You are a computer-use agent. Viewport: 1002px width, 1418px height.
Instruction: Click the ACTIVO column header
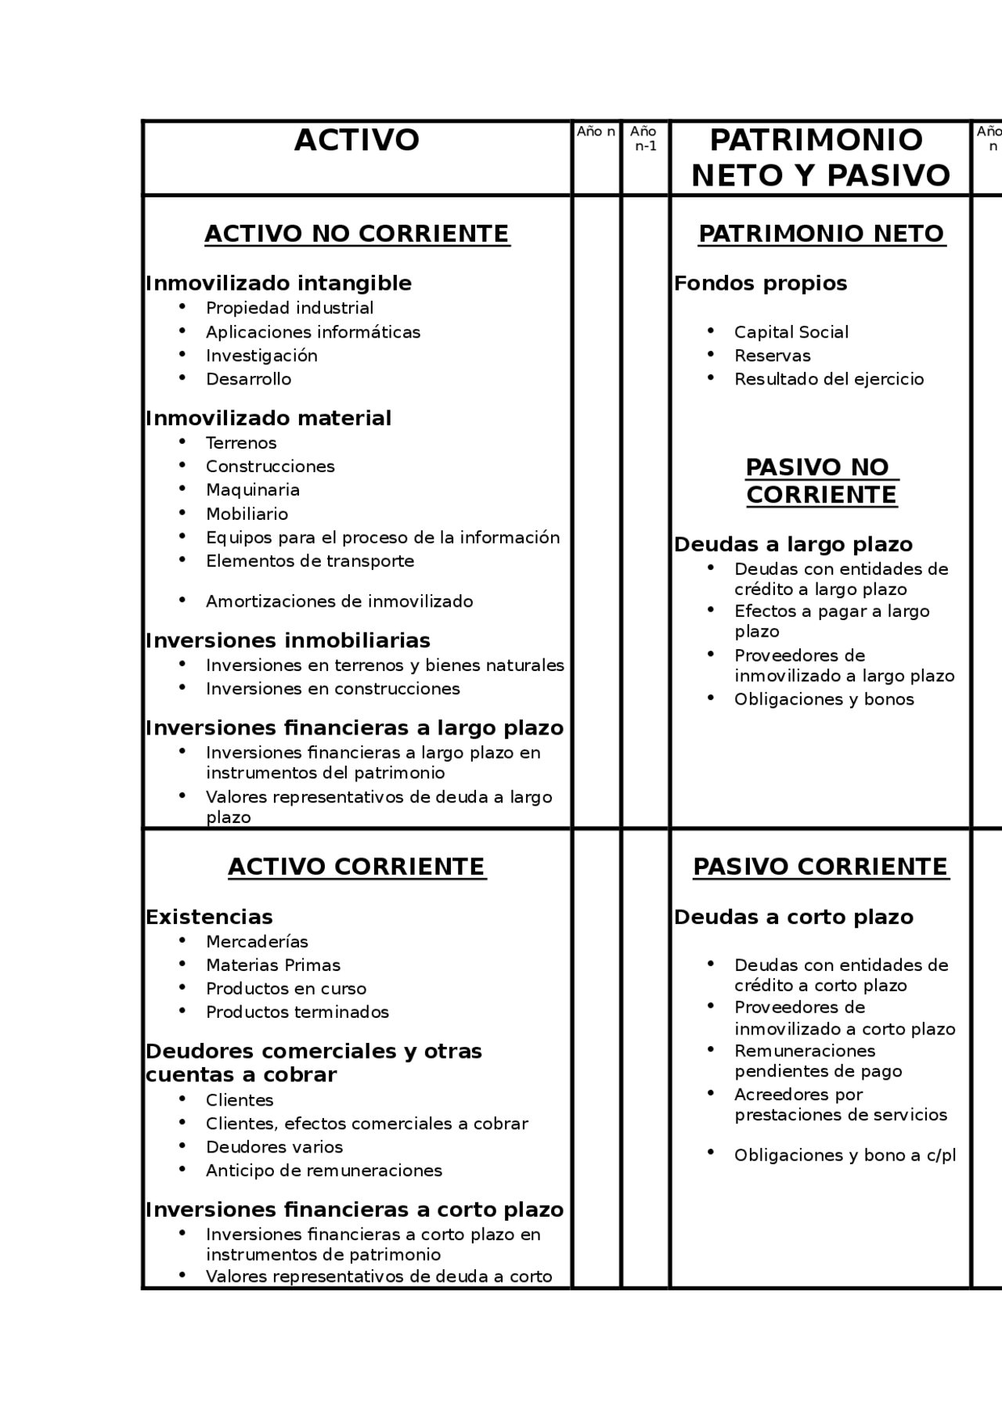point(357,141)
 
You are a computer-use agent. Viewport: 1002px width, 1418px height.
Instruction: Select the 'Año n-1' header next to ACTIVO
point(644,139)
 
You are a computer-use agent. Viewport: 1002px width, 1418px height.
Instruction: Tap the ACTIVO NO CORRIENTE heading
point(357,234)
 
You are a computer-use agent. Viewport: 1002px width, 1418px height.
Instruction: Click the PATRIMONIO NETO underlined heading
point(821,234)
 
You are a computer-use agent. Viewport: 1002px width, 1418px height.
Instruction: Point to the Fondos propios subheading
point(760,283)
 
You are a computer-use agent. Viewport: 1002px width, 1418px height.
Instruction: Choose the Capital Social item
point(791,332)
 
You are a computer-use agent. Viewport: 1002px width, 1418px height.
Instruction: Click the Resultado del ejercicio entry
point(828,379)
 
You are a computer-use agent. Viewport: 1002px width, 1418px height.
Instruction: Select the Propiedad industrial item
point(289,308)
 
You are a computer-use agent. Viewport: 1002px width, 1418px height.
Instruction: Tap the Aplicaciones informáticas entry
point(312,332)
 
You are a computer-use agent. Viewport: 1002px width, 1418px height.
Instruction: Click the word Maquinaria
point(252,490)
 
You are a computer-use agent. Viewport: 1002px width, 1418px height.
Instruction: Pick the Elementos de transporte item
point(309,561)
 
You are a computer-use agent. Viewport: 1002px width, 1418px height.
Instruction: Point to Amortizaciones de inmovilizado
point(339,601)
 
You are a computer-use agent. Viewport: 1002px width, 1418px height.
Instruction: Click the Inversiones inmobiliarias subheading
point(287,640)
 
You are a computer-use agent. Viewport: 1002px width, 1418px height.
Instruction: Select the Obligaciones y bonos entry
point(824,699)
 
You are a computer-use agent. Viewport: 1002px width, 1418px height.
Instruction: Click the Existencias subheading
point(209,917)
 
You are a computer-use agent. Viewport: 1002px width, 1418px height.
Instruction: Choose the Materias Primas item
point(272,965)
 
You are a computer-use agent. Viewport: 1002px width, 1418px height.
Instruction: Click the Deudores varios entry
point(274,1147)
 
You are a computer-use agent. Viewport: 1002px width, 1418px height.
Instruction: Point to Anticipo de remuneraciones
point(323,1171)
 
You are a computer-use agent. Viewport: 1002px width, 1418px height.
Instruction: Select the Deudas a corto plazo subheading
point(793,917)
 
